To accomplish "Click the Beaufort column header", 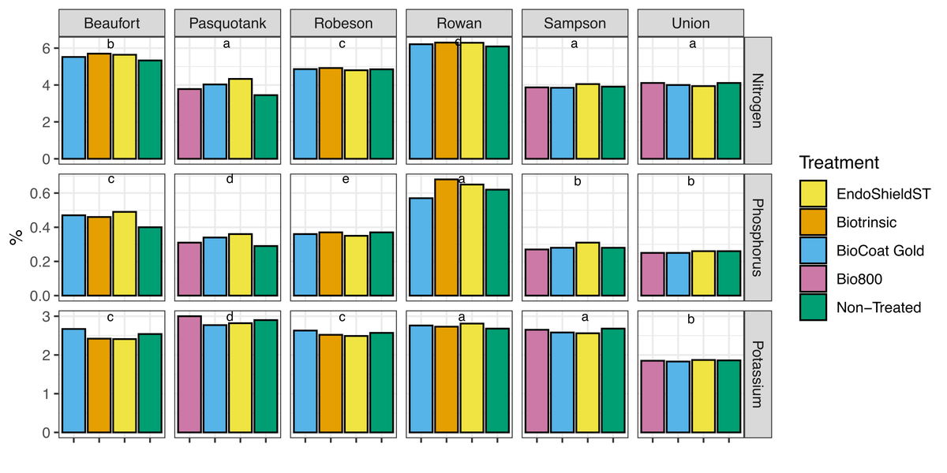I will (111, 23).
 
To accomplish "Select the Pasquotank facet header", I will (227, 23).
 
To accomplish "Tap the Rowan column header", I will (459, 23).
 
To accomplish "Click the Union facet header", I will (691, 23).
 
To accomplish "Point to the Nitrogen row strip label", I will (758, 100).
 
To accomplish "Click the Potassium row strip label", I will (758, 374).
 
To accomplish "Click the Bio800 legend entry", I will (812, 279).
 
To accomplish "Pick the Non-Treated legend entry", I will (812, 307).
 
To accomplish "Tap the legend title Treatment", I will (839, 163).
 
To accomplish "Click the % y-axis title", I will (15, 237).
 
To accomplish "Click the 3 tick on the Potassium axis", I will (46, 316).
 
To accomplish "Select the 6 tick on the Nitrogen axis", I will (46, 48).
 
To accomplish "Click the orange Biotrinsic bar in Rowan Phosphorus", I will (447, 238).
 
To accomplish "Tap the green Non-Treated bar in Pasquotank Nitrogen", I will (266, 128).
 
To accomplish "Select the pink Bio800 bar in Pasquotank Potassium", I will (189, 375).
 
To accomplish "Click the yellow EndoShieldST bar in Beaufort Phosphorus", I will (125, 255).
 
